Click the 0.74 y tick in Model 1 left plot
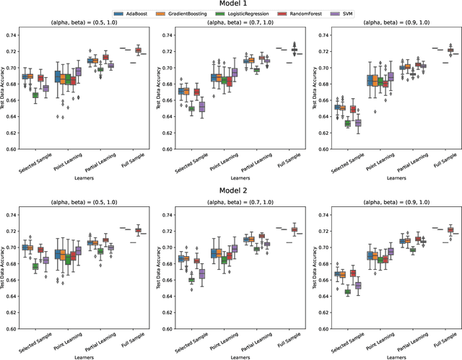point(12,35)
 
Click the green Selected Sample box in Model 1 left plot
point(35,95)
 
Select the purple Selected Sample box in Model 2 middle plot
point(202,274)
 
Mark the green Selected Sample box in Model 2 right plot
point(348,292)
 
